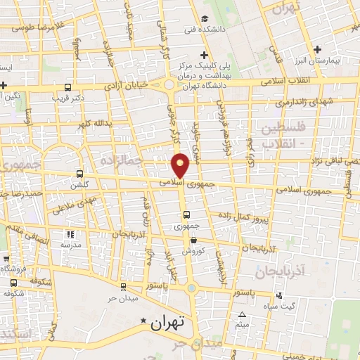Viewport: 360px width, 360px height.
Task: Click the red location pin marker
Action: (181, 165)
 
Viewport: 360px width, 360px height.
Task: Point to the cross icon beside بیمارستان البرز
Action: (318, 49)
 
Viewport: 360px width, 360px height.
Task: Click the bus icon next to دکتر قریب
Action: (67, 88)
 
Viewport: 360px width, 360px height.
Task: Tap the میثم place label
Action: (243, 325)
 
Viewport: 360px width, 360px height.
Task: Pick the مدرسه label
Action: (70, 244)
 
